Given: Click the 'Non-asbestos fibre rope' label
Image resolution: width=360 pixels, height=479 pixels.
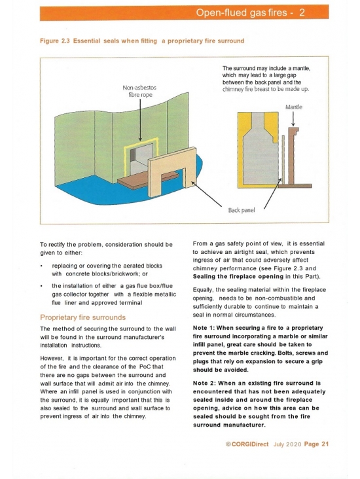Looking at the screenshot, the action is click(x=139, y=91).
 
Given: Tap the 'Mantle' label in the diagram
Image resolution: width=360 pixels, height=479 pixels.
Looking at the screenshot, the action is click(x=294, y=107).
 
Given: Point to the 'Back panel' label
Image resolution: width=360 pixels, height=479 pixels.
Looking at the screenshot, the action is click(x=241, y=210).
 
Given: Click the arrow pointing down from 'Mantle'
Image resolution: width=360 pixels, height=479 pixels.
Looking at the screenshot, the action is click(x=293, y=119).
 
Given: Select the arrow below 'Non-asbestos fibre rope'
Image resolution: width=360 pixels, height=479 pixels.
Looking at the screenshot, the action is click(x=140, y=120).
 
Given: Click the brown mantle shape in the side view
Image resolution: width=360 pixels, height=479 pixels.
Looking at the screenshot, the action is click(x=292, y=156).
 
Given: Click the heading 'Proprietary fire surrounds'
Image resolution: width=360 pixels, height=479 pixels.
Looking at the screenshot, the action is click(x=83, y=317).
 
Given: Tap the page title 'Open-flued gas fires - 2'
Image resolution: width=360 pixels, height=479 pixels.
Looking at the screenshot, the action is click(x=250, y=12).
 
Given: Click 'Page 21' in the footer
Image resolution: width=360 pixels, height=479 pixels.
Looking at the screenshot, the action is click(x=316, y=444).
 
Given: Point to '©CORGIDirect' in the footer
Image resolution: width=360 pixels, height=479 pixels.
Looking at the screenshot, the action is click(x=247, y=444).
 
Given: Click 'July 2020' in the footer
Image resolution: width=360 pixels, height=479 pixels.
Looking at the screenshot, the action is click(x=287, y=444).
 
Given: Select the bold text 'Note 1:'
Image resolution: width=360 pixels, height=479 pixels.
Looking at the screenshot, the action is click(x=204, y=328).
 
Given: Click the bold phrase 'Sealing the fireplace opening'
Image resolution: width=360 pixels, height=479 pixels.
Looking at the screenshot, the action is click(x=238, y=276).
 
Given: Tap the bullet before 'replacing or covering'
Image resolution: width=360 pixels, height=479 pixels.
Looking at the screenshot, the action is click(x=41, y=266).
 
